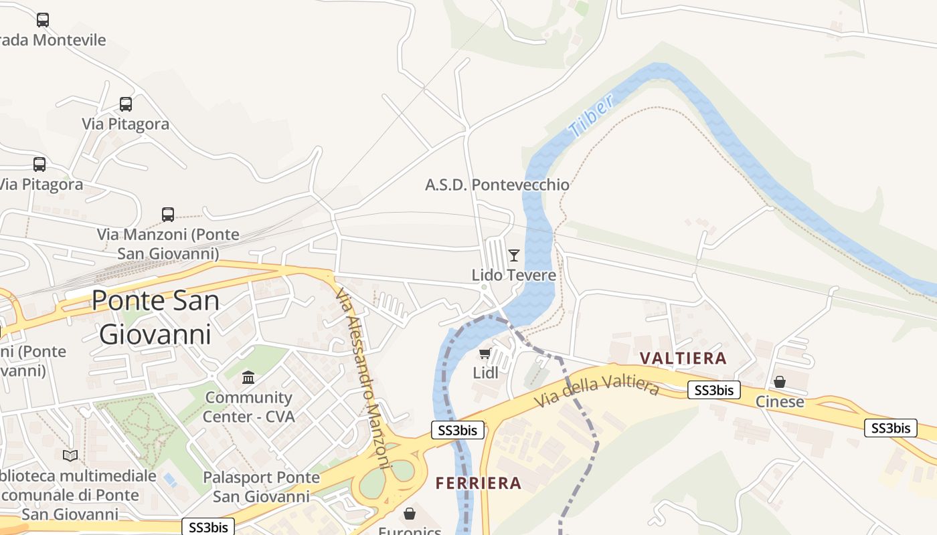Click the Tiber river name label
pos(591,116)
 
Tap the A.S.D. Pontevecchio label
pos(497,185)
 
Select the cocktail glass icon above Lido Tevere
pos(514,255)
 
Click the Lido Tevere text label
pos(513,275)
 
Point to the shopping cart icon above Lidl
pos(485,353)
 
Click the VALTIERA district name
pos(683,358)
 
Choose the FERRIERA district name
pos(478,483)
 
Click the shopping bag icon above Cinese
pos(780,382)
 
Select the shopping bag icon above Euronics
pos(410,514)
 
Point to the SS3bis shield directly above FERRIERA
pos(458,430)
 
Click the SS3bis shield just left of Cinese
pos(714,391)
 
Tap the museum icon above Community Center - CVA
pos(248,378)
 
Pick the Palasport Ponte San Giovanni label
pos(261,487)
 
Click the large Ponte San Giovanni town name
pos(155,317)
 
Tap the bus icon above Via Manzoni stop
pos(168,215)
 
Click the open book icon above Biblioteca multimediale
pos(70,455)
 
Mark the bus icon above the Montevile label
pos(43,20)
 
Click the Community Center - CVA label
pos(248,407)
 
